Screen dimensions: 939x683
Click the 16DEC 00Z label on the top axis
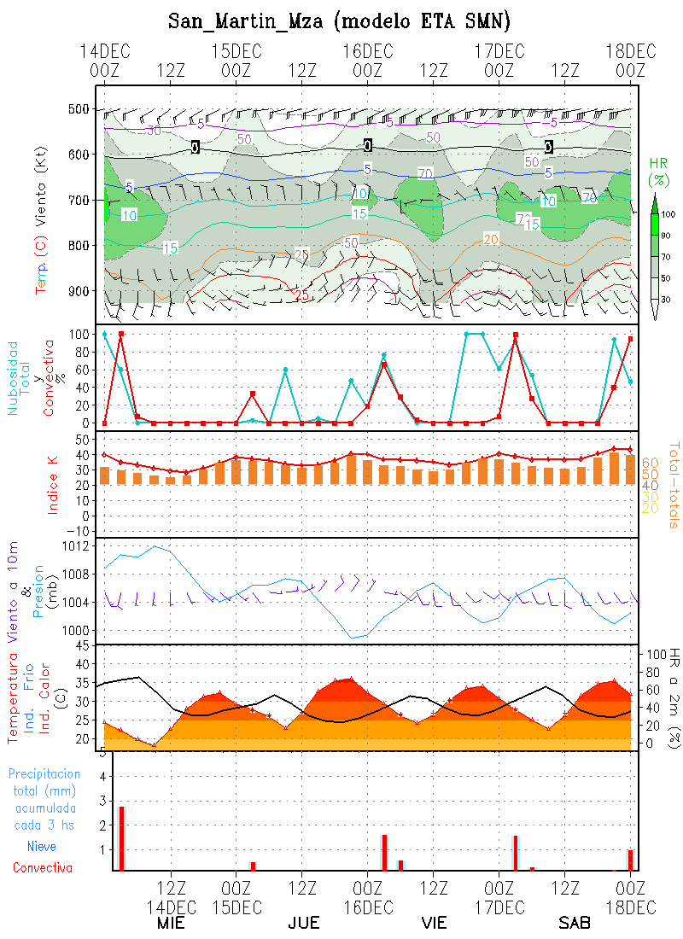[x=367, y=61]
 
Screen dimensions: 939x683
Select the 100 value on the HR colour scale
[x=668, y=214]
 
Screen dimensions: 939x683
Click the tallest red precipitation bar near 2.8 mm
[x=122, y=838]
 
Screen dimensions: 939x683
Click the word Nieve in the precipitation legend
[x=42, y=847]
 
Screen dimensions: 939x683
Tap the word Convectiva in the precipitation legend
[x=42, y=868]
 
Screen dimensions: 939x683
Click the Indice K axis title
[x=54, y=482]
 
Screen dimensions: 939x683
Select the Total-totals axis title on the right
[x=673, y=483]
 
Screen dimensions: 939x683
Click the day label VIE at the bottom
[x=434, y=923]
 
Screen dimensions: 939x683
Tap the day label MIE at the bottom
[x=172, y=923]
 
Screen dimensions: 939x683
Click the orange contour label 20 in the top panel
[x=491, y=238]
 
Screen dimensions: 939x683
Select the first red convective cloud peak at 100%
[x=121, y=334]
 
